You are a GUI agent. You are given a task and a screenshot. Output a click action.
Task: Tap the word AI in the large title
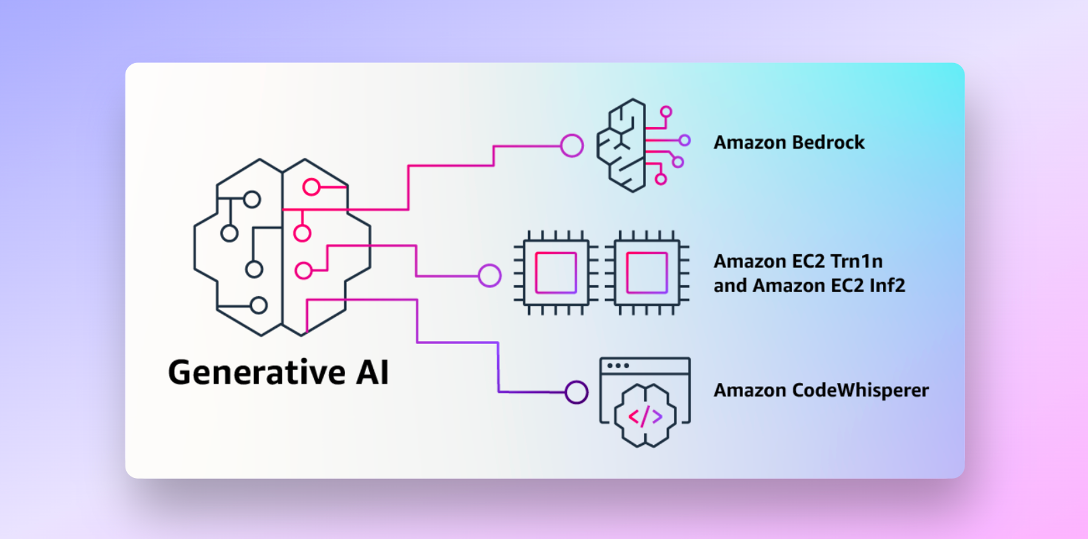click(373, 373)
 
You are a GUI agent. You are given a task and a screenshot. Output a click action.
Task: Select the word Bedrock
click(828, 143)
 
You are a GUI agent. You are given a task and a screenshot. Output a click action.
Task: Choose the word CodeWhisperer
click(860, 390)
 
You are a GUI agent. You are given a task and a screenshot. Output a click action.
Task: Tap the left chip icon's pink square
click(556, 273)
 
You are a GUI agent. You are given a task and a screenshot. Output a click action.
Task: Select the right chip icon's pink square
click(647, 273)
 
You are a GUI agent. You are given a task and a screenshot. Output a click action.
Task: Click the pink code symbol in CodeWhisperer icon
click(645, 417)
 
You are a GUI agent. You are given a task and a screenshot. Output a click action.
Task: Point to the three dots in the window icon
click(618, 365)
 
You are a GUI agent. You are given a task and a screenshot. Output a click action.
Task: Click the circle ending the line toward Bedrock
click(572, 146)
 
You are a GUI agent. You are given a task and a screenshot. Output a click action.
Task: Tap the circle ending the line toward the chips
click(490, 275)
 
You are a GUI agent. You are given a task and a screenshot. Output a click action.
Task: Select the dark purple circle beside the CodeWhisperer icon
click(577, 392)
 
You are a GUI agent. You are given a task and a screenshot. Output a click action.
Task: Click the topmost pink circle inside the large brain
click(311, 187)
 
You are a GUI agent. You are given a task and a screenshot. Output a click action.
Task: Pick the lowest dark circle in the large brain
click(259, 305)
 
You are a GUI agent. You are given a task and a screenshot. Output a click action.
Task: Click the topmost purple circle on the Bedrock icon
click(666, 112)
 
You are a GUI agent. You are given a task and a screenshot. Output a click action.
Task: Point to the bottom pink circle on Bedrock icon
click(661, 179)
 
